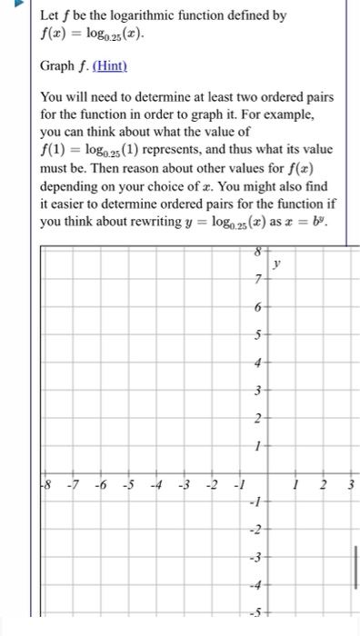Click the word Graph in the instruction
(57, 67)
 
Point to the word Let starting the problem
(51, 15)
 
